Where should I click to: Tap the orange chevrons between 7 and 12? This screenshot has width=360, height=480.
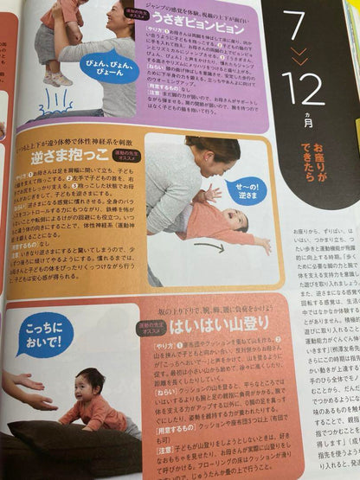298,58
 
